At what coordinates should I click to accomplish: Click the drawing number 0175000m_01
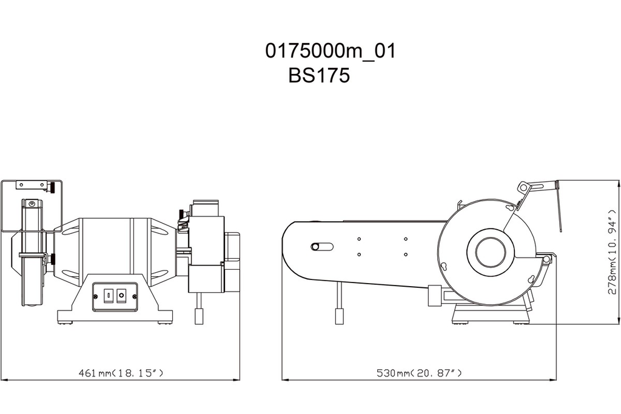330,51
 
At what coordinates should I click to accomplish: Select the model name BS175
319,76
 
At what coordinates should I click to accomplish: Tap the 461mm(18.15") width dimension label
121,372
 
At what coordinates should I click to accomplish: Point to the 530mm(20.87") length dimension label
420,372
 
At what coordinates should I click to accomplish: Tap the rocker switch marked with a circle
121,295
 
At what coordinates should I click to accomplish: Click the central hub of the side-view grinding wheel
490,252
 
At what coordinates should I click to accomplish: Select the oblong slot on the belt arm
322,246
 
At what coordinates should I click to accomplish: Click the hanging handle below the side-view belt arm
339,315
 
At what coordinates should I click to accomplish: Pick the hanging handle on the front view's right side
198,315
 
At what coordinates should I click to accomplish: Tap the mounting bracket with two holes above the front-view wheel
32,184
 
